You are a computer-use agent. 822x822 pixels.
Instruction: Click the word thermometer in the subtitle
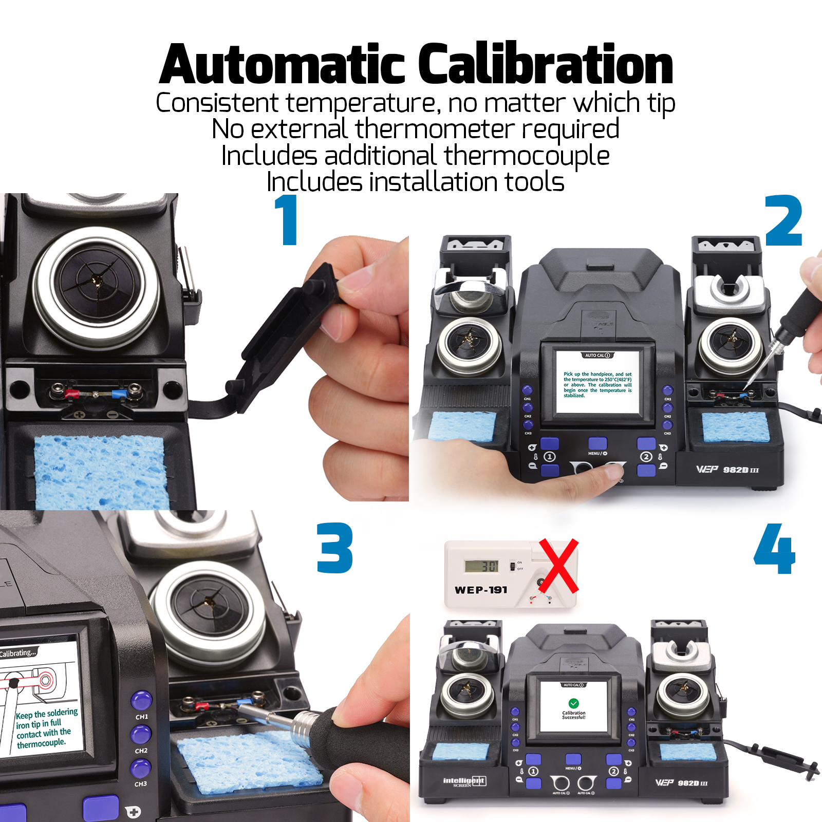[435, 128]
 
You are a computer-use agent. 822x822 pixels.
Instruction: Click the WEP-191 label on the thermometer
[481, 590]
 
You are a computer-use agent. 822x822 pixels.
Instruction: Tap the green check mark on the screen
[573, 703]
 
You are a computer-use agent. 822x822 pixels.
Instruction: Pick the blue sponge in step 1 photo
[100, 470]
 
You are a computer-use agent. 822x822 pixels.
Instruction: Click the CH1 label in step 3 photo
[142, 717]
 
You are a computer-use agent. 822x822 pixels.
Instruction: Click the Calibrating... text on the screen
[18, 653]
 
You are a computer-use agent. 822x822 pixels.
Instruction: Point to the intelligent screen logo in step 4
[464, 781]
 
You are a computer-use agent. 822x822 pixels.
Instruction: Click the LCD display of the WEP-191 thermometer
[481, 566]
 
